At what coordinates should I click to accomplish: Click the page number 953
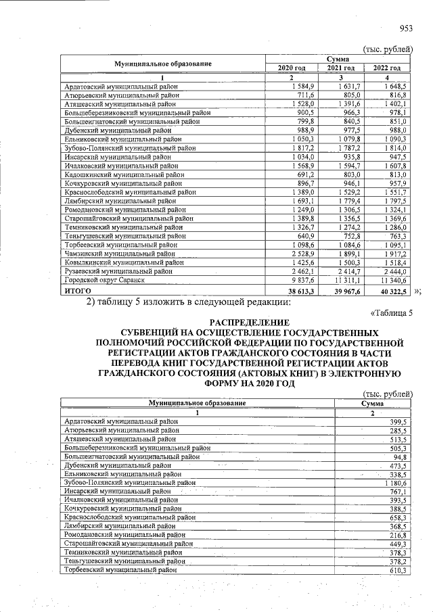[406, 28]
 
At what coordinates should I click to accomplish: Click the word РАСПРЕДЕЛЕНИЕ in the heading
[248, 324]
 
